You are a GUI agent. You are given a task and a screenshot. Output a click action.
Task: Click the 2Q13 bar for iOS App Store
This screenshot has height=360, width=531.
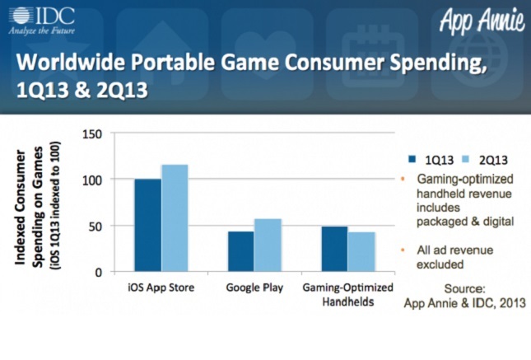pyautogui.click(x=175, y=218)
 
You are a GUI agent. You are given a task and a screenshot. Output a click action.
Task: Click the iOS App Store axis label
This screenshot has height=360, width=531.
pyautogui.click(x=161, y=288)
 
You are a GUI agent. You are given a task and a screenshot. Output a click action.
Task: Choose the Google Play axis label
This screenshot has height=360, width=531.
pyautogui.click(x=254, y=288)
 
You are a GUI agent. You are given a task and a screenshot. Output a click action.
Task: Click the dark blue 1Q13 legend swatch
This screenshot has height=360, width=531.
pyautogui.click(x=412, y=160)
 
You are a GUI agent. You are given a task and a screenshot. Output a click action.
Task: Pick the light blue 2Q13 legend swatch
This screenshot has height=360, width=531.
pyautogui.click(x=454, y=160)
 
